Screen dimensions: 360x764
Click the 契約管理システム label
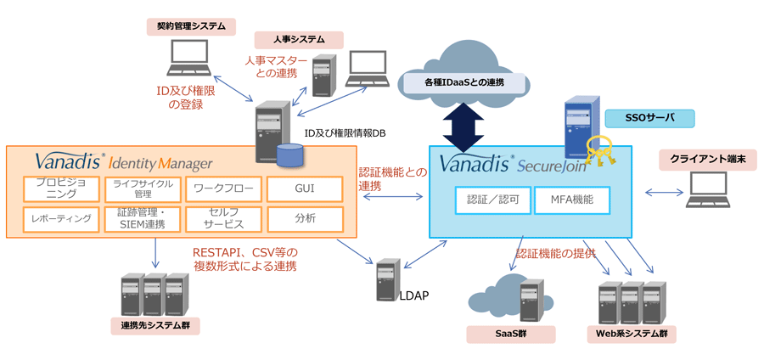pos(191,27)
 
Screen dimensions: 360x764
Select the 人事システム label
pos(299,40)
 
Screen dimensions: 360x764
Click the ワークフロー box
pos(223,188)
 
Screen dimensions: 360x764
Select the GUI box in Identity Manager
pos(305,188)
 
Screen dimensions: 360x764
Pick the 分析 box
pos(305,219)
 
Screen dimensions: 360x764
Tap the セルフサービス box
pos(223,219)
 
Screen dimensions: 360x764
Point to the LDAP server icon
pos(389,279)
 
